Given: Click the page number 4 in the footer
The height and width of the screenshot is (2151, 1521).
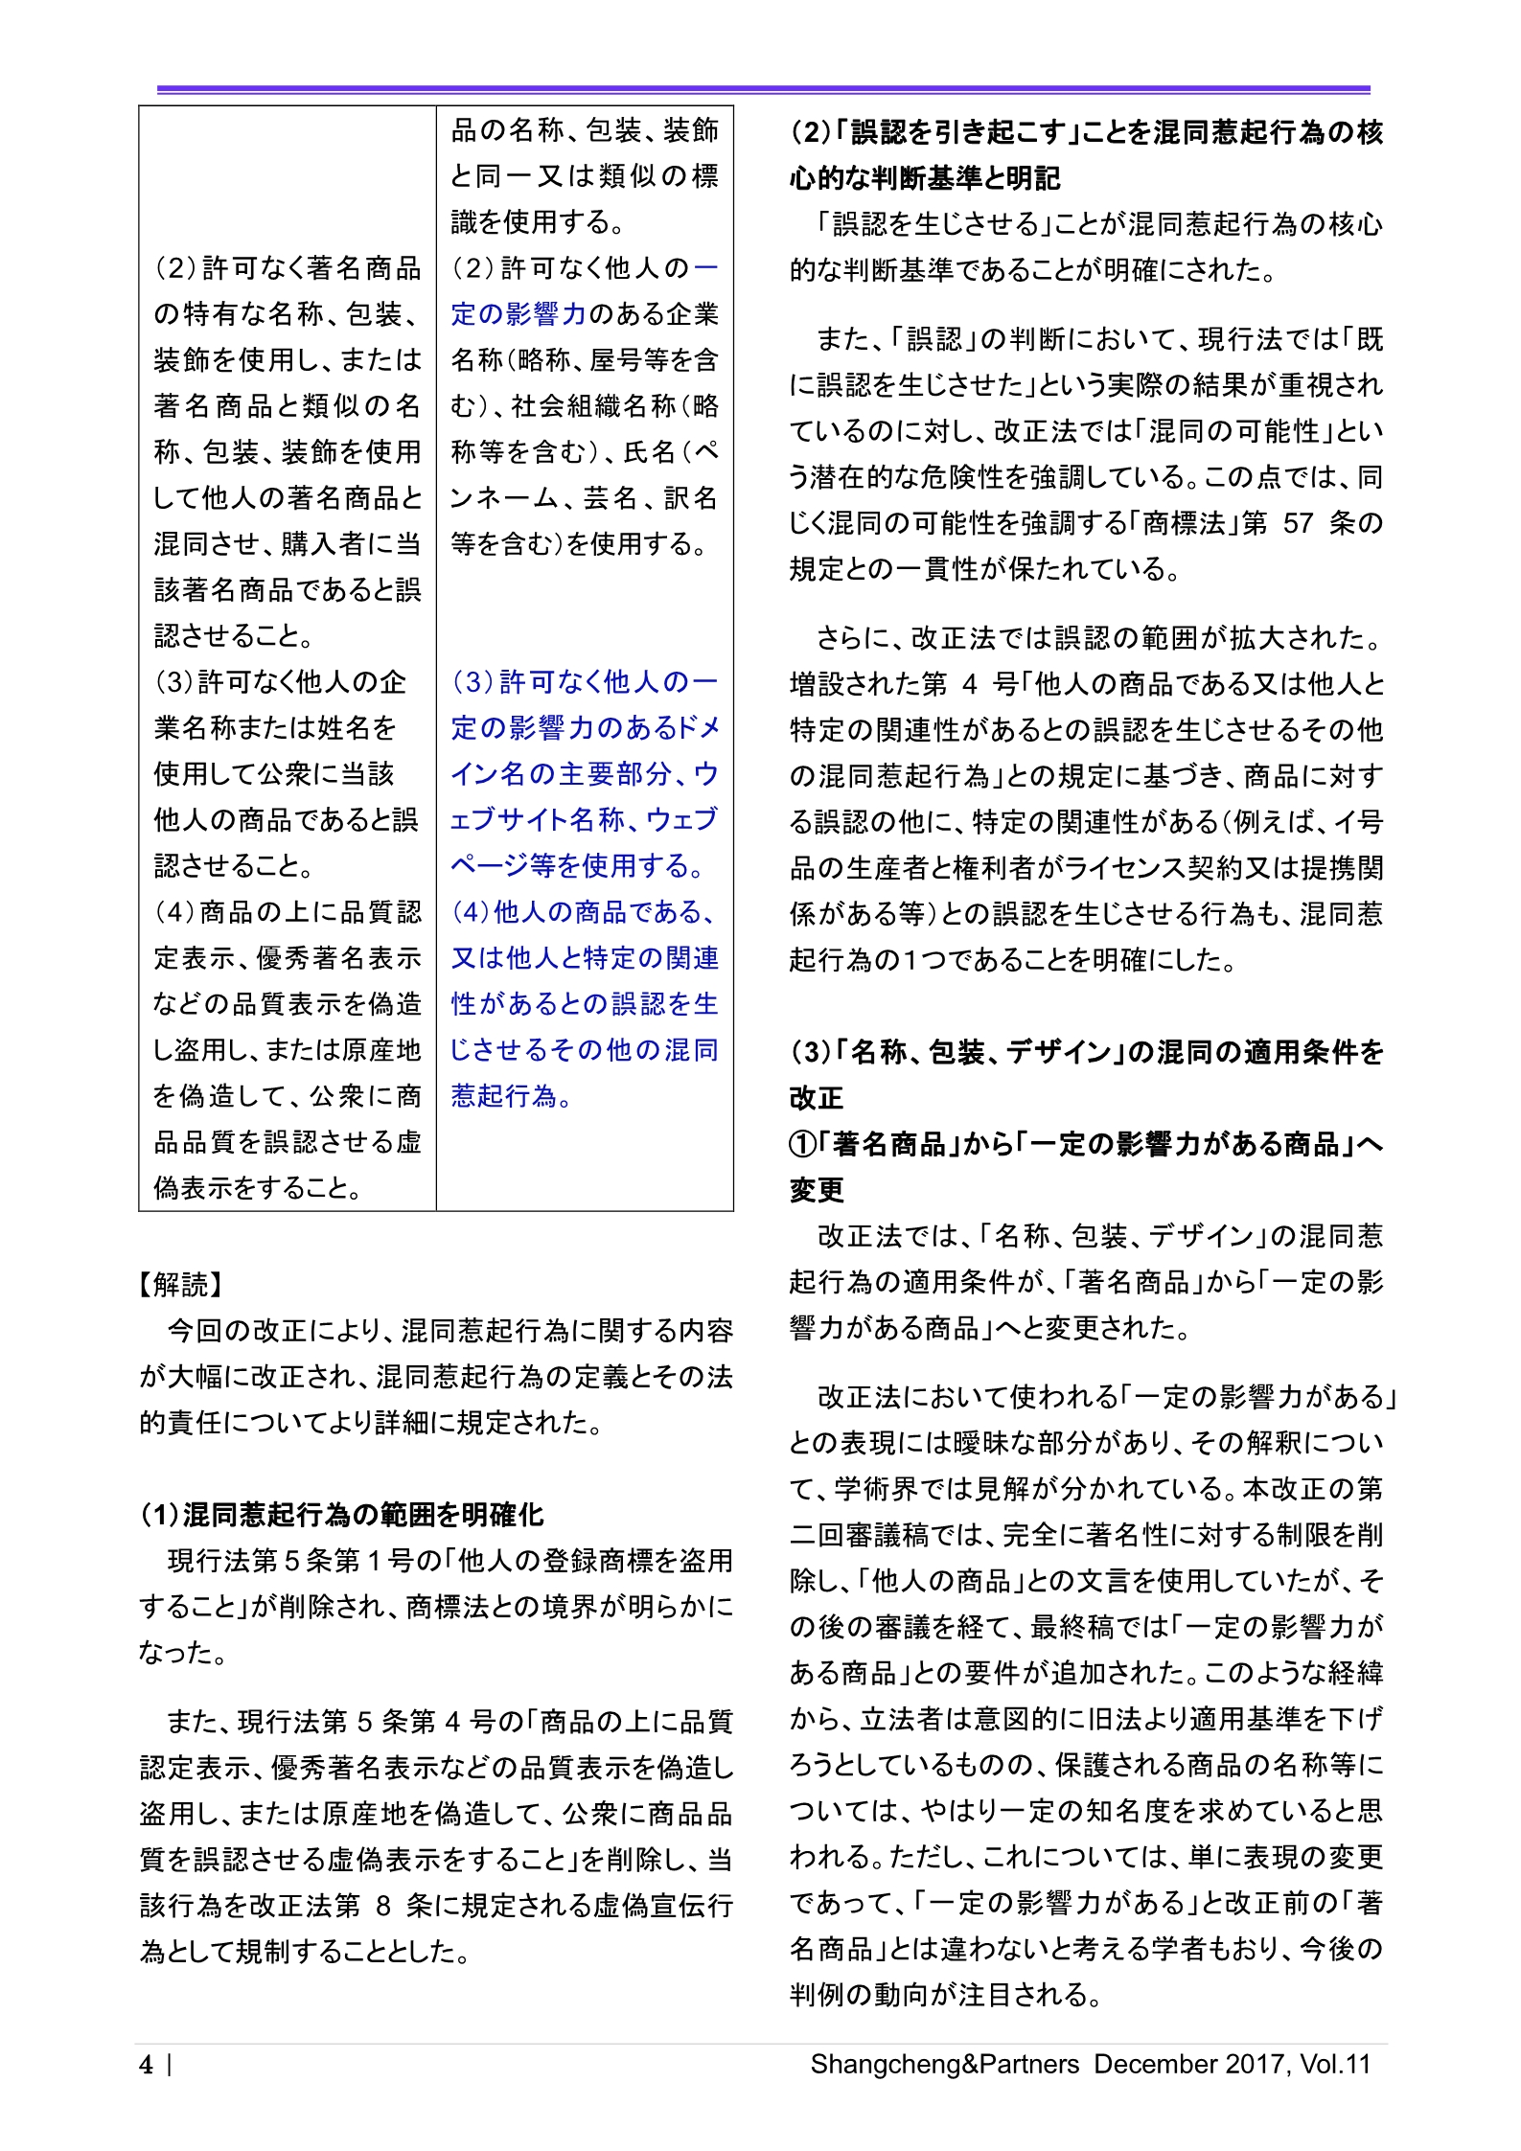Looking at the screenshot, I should [146, 2064].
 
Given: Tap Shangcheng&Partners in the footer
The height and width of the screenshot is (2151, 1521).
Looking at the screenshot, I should [944, 2064].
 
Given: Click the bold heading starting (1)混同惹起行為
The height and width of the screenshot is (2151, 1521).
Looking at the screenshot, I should [342, 1514].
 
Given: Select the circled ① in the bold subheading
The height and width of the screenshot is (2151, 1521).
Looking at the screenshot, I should [802, 1144].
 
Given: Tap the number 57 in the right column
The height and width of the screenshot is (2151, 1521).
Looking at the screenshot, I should [1298, 523].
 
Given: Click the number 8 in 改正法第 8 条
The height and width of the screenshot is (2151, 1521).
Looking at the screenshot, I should [383, 1905].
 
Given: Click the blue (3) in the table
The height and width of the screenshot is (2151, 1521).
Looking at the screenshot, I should [472, 682].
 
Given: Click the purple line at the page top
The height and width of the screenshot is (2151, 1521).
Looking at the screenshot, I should [763, 89].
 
